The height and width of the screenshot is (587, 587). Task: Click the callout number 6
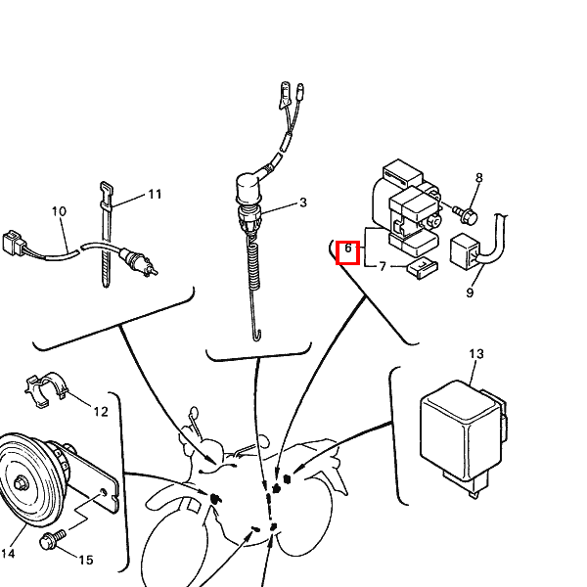(x=348, y=248)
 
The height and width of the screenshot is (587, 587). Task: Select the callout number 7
(x=383, y=266)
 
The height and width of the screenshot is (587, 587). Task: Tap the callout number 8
(x=479, y=178)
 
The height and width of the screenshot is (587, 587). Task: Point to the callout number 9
(x=470, y=293)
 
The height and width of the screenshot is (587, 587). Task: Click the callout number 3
(x=303, y=203)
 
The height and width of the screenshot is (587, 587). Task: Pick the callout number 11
(x=155, y=195)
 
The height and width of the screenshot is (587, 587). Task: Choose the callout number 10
(x=59, y=211)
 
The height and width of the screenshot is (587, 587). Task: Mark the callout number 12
(x=101, y=412)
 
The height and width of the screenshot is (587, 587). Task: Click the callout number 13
(x=476, y=354)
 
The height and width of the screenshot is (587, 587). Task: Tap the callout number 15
(x=86, y=560)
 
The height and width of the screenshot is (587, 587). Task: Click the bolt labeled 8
(x=466, y=214)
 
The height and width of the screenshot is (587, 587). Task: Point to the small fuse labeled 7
(x=423, y=268)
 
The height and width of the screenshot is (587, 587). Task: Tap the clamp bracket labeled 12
(x=46, y=389)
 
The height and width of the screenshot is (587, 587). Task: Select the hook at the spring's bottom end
(x=256, y=335)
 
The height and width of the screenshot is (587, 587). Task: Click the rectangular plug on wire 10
(x=13, y=243)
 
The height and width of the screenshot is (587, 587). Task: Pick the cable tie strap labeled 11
(x=106, y=235)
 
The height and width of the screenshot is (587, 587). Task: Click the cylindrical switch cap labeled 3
(x=248, y=188)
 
